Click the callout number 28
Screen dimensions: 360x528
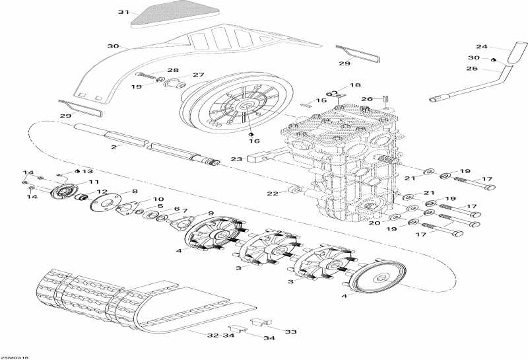click(x=172, y=70)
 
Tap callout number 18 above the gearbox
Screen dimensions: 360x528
click(x=355, y=85)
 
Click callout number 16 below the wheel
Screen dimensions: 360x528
click(x=254, y=141)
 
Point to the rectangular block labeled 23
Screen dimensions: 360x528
click(x=259, y=159)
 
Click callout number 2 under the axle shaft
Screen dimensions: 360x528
click(x=113, y=147)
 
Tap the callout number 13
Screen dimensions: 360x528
click(x=87, y=170)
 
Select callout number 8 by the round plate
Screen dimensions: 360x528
click(x=135, y=192)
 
